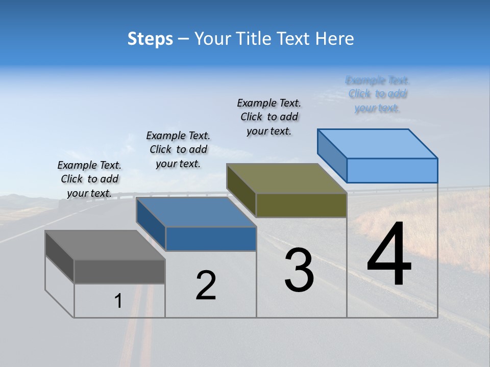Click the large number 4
point(389,254)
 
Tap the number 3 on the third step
point(299,270)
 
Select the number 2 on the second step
point(206,285)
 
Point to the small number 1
point(118,301)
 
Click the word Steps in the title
point(150,39)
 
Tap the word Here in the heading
point(334,39)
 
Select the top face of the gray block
point(105,245)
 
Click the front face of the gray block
point(119,272)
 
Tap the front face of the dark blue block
point(211,239)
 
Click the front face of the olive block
point(301,205)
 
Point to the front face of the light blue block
point(392,170)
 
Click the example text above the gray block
point(89,179)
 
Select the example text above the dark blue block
point(178,149)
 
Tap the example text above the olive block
point(269,117)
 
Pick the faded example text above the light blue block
point(378,94)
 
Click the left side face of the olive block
point(241,190)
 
